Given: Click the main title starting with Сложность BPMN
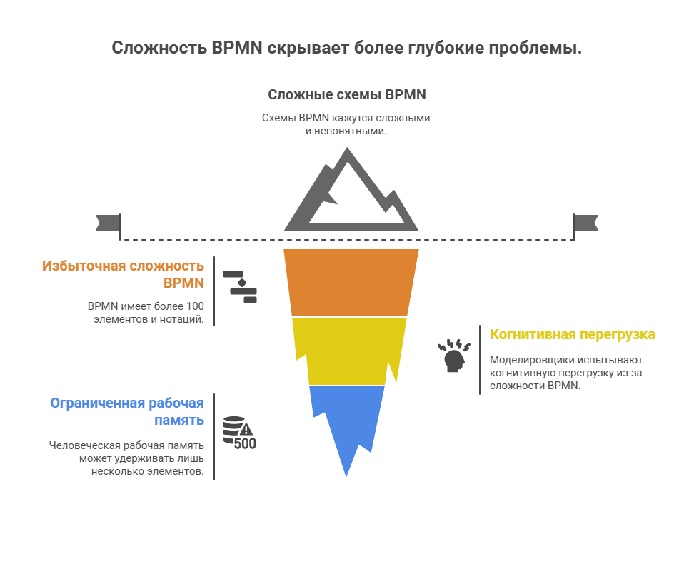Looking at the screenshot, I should [x=347, y=49].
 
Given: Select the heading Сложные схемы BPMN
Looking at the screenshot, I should [x=347, y=94].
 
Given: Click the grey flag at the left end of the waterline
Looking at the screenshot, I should [x=106, y=222].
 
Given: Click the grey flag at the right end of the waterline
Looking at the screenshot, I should [x=587, y=222].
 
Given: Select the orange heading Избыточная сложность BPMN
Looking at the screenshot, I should [x=123, y=274].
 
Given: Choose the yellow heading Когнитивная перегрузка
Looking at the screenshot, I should [x=572, y=334].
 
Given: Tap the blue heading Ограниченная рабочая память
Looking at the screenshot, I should [x=127, y=411].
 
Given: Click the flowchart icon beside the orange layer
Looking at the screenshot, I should [x=240, y=287].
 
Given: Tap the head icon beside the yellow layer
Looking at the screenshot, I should [x=454, y=356].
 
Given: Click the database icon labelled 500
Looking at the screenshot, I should [x=238, y=433].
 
